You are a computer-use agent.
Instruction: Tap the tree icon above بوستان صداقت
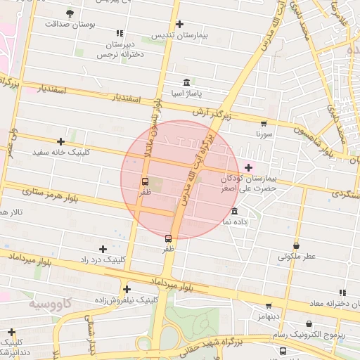[x=69, y=13]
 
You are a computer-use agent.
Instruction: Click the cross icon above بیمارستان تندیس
[x=179, y=24]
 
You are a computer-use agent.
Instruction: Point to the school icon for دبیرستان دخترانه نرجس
[x=120, y=33]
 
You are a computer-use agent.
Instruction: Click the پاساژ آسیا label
[x=186, y=93]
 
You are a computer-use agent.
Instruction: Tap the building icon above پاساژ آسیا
[x=186, y=82]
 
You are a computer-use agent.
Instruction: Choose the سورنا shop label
[x=263, y=132]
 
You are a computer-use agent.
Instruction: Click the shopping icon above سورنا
[x=264, y=122]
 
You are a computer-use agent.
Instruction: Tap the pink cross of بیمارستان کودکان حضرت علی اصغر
[x=248, y=167]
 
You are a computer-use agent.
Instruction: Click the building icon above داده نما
[x=234, y=211]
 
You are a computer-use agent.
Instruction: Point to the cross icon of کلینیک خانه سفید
[x=60, y=141]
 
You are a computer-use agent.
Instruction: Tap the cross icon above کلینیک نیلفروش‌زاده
[x=127, y=289]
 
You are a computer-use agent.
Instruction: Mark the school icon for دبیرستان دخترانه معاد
[x=342, y=292]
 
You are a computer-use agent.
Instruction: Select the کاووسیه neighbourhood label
[x=51, y=303]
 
